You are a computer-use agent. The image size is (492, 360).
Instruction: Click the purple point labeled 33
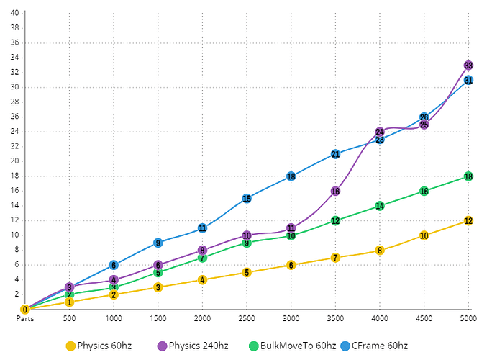click(468, 66)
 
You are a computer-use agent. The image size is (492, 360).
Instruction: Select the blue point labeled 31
click(468, 80)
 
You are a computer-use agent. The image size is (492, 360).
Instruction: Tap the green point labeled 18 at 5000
click(468, 176)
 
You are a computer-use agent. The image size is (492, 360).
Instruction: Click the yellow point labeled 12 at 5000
click(468, 221)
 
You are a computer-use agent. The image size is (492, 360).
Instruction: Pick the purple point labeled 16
click(335, 191)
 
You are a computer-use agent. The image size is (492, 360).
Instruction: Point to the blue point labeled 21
click(335, 154)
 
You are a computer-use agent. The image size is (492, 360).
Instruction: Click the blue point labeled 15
click(247, 198)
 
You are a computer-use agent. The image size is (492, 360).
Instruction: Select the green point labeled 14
click(380, 206)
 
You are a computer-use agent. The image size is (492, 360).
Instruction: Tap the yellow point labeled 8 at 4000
click(380, 251)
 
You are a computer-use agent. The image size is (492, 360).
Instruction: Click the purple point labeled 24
click(380, 132)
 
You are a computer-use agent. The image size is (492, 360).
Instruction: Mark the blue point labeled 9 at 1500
click(158, 243)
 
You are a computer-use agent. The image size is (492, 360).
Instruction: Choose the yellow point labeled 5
click(247, 272)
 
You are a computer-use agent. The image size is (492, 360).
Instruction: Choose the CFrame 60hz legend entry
click(374, 346)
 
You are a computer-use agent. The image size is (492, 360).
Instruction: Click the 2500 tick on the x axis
click(247, 318)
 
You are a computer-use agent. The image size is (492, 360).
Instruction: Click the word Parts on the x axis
click(25, 318)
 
